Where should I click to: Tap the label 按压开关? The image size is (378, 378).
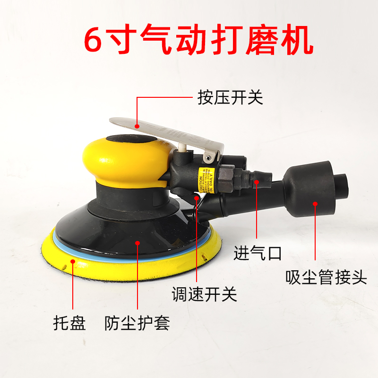230,98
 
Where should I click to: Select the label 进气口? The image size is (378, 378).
258,253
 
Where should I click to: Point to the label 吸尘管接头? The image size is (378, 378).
326,277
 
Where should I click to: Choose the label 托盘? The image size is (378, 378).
69,324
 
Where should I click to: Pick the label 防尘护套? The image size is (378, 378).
137,324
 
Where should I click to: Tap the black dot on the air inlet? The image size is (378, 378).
257,180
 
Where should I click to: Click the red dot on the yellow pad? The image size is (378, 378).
73,260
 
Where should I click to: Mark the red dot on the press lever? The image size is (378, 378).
137,126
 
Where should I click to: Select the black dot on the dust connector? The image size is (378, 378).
315,204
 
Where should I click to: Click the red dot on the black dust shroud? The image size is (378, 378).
137,243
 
